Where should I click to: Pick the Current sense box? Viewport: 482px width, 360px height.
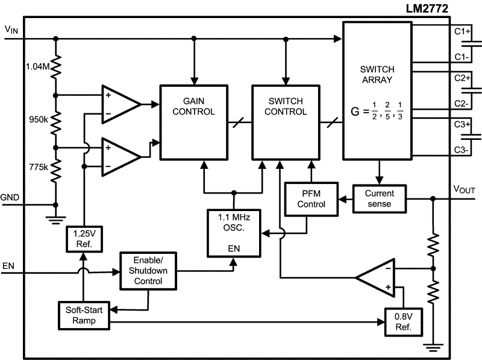(x=379, y=198)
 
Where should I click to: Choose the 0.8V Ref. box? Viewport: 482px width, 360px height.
(x=404, y=323)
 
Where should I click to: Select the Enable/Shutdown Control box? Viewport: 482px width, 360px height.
(x=149, y=271)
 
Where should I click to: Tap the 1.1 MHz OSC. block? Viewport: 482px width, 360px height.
(x=234, y=232)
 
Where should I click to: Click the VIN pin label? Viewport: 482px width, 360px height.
(x=11, y=28)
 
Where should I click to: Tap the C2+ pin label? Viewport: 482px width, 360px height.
(x=462, y=78)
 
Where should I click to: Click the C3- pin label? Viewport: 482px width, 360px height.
(x=462, y=150)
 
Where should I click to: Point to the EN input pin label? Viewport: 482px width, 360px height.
(x=8, y=265)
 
